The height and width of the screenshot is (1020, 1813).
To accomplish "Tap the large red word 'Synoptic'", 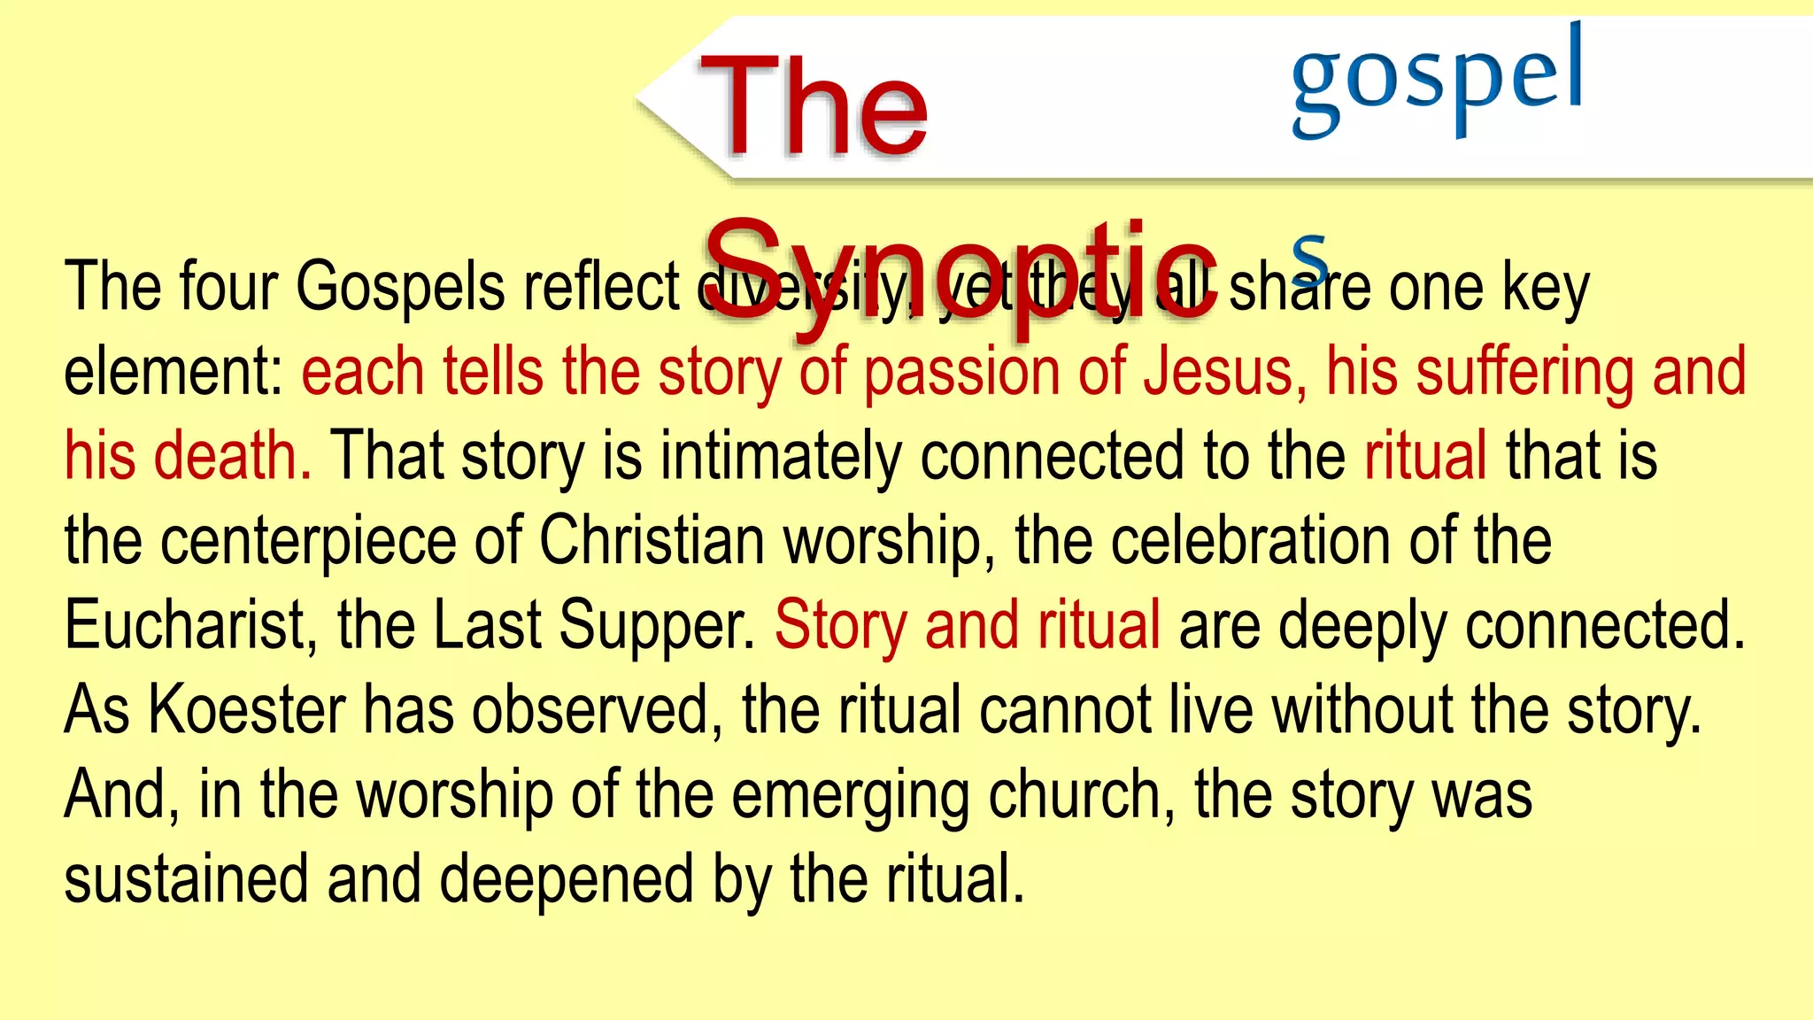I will pos(961,270).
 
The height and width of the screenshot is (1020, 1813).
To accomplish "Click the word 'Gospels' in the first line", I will pos(399,288).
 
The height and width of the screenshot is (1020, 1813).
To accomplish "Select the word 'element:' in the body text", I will pos(173,372).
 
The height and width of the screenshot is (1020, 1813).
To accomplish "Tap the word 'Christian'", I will pos(652,540).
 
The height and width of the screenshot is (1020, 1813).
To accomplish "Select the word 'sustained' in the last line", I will pos(186,879).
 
